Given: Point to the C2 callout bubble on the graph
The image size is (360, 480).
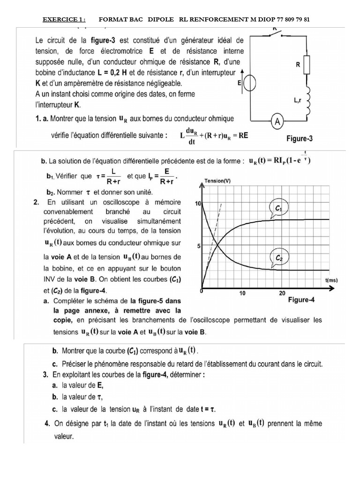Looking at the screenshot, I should click(x=278, y=257).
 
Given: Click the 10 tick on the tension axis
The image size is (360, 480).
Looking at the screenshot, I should click(x=197, y=203).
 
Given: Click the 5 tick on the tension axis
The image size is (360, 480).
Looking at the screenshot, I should click(x=198, y=246).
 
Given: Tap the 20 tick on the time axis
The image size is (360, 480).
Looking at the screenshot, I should click(x=282, y=293).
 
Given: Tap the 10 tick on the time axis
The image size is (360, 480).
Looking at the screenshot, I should click(x=242, y=293).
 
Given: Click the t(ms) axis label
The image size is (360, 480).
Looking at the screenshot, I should click(x=331, y=280).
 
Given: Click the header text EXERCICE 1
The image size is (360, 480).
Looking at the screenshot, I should click(x=64, y=19).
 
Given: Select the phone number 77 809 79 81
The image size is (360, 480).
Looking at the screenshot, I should click(x=290, y=19).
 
